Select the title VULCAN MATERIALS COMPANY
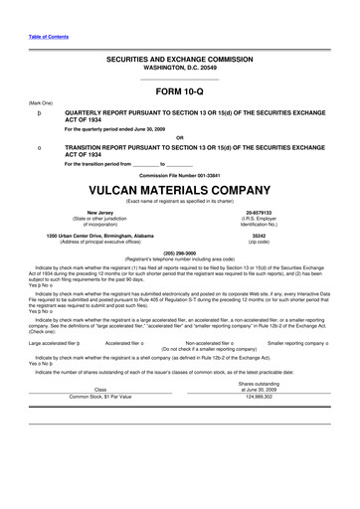[x=179, y=186]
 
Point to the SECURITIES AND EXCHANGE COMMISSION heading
[x=179, y=61]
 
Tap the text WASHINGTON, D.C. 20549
[x=179, y=69]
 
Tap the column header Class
[x=99, y=389]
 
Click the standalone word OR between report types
[x=179, y=136]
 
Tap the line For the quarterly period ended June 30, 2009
[x=129, y=128]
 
